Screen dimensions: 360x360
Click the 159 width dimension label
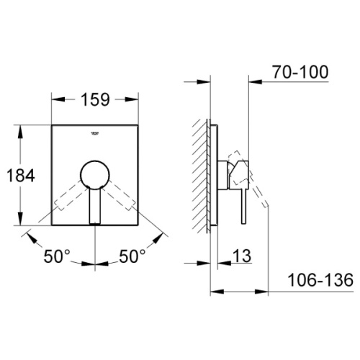[x=95, y=100]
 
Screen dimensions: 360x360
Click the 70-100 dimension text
[x=301, y=72]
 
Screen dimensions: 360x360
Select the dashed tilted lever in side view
[x=259, y=191]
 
